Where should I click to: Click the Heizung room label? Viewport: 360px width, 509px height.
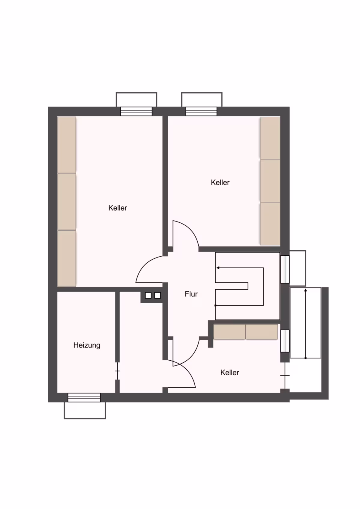(x=87, y=345)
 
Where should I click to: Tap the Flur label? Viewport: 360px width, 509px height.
(x=191, y=294)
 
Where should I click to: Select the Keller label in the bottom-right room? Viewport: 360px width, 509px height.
(x=229, y=372)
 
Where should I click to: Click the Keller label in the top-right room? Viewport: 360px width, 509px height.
(x=220, y=182)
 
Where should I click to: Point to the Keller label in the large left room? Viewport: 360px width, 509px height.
(x=118, y=208)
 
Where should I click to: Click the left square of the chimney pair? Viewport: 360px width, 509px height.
(x=148, y=295)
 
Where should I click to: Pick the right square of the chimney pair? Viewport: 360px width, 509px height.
(x=157, y=295)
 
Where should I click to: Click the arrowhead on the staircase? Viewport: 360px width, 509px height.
(x=217, y=268)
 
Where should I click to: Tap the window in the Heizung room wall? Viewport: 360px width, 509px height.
(x=84, y=397)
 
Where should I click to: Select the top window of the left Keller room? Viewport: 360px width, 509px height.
(x=136, y=111)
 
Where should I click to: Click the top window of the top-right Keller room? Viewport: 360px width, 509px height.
(x=201, y=111)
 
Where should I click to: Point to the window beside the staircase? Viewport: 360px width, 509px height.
(x=285, y=269)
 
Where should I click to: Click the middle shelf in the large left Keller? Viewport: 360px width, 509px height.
(x=67, y=201)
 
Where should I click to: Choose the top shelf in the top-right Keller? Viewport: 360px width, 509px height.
(x=270, y=138)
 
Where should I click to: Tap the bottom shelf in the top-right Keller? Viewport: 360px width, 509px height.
(x=270, y=224)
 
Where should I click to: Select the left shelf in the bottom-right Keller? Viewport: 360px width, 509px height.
(x=229, y=332)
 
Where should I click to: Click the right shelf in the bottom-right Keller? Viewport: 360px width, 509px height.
(x=262, y=332)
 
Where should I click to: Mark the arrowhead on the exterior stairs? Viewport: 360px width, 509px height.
(x=305, y=290)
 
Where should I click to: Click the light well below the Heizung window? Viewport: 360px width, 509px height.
(x=85, y=410)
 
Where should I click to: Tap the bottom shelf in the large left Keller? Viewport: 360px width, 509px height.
(x=67, y=259)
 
